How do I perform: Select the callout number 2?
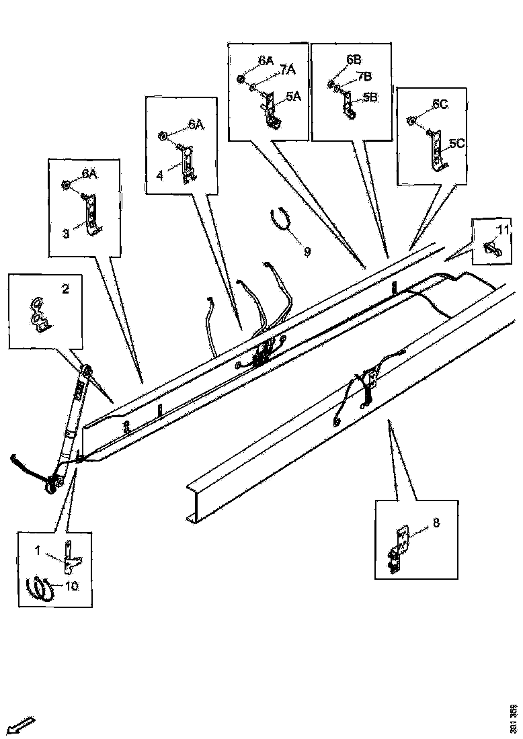[x=65, y=290]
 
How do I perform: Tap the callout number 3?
[x=67, y=234]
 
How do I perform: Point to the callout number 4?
[x=159, y=175]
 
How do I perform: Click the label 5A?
[x=293, y=97]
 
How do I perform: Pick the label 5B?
[x=370, y=97]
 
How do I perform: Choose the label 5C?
[x=457, y=143]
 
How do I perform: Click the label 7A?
[x=288, y=70]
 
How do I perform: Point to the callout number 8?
[x=436, y=522]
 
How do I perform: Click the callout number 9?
[x=307, y=252]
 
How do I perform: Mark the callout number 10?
[x=72, y=586]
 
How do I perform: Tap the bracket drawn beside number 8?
[x=403, y=550]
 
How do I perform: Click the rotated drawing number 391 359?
[x=514, y=718]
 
